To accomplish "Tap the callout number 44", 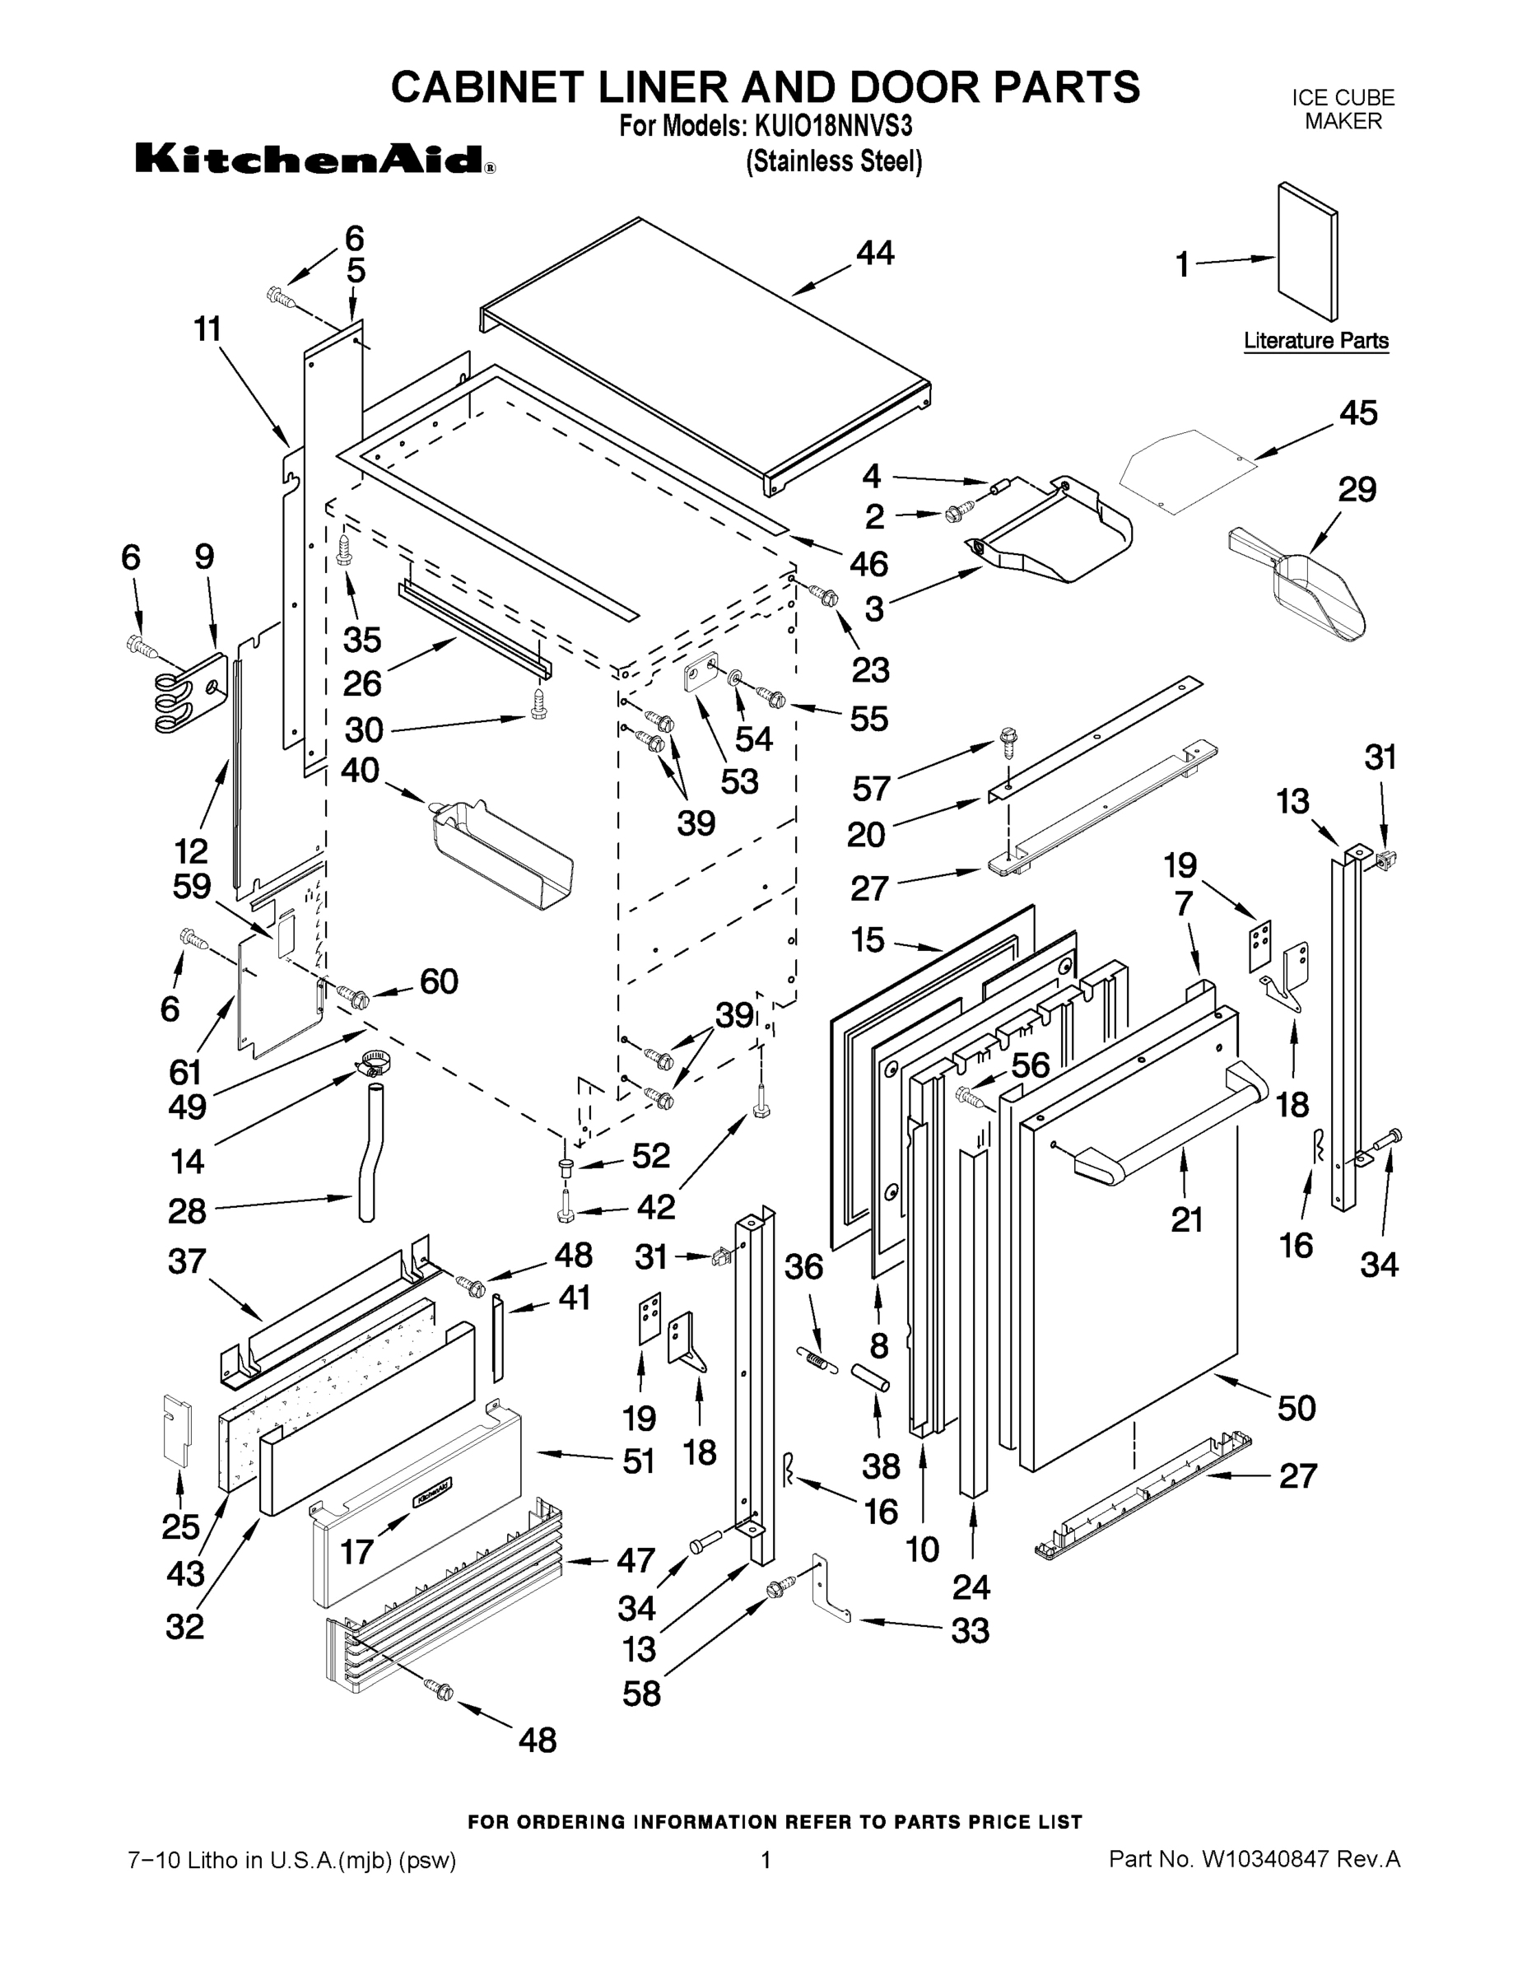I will click(875, 254).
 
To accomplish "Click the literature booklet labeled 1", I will click(1307, 250).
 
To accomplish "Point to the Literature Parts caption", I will click(1315, 341).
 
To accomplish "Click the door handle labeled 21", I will click(1167, 1125).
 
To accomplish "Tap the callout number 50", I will click(1297, 1407).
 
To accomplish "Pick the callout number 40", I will click(360, 771).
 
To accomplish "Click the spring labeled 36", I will click(815, 1357).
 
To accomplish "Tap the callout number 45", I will click(1357, 413).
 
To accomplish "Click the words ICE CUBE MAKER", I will click(1343, 110).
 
